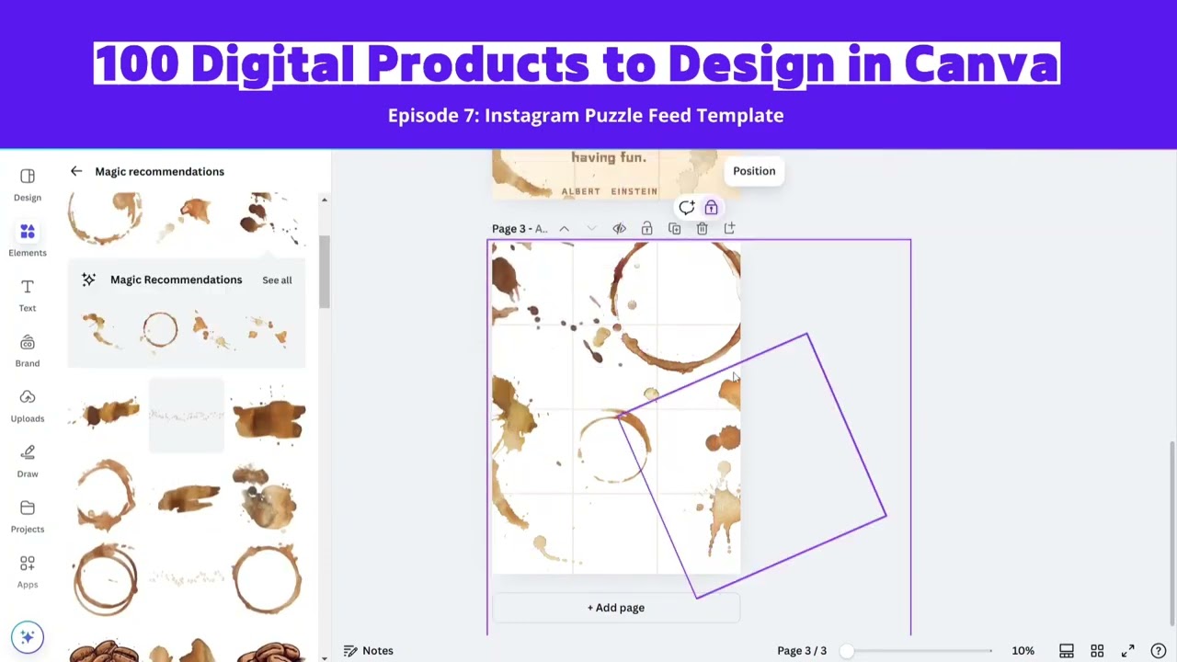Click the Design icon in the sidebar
28,184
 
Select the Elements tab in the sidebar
28,240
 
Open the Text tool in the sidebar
28,295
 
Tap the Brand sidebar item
28,350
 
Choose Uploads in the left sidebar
28,405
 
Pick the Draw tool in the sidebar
28,461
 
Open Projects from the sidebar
28,516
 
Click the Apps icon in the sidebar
28,571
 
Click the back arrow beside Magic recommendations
76,171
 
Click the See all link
277,280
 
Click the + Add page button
616,608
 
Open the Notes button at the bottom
369,651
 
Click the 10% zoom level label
1023,651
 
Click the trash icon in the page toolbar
702,229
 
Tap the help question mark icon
1158,651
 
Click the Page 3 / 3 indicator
802,651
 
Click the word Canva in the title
980,64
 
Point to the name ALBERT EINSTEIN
609,191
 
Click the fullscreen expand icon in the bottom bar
1128,651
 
